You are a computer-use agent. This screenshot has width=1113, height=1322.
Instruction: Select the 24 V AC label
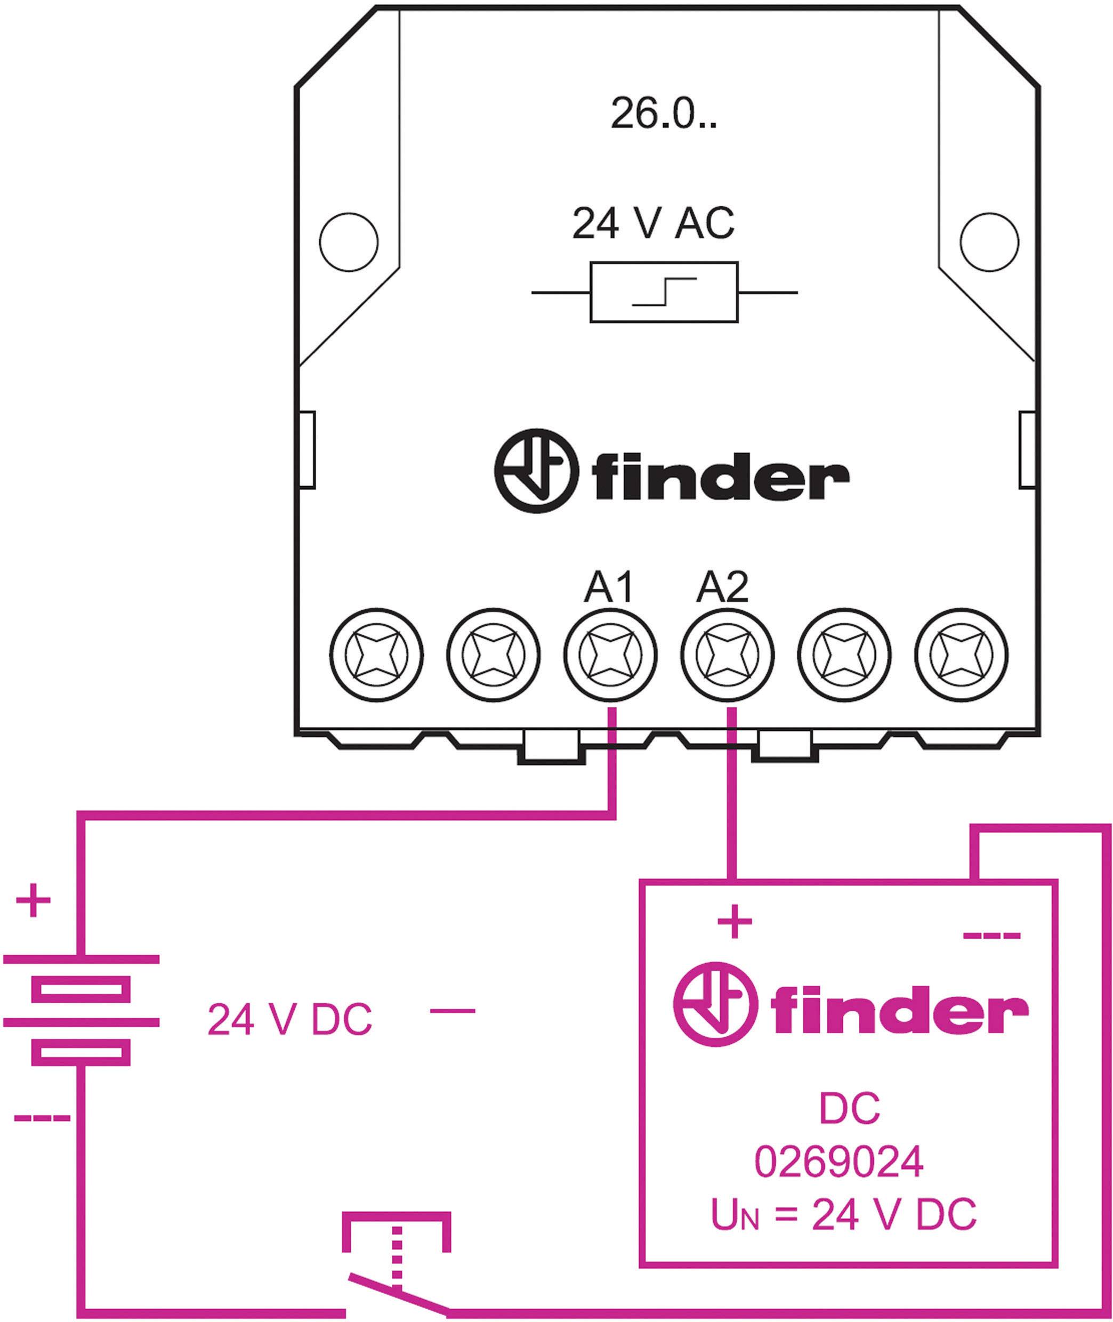653,224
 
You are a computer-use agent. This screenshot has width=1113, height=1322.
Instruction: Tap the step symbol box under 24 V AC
664,292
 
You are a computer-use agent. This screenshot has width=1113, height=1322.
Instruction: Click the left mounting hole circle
349,241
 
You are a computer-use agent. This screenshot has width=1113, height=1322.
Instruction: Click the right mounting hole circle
989,241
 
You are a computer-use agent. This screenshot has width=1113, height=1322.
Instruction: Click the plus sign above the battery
33,901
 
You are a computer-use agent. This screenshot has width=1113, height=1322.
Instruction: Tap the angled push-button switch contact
398,1294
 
